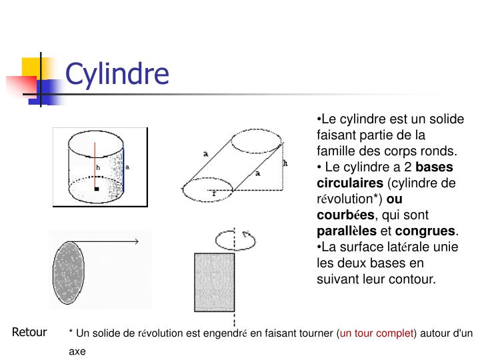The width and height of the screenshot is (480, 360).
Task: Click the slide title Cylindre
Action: [x=117, y=73]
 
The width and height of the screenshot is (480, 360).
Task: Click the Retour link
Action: [x=29, y=332]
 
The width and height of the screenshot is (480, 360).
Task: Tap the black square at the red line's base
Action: [x=97, y=189]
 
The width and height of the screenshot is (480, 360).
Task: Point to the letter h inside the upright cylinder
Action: [x=97, y=167]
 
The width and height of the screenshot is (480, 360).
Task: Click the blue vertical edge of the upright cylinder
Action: [x=123, y=170]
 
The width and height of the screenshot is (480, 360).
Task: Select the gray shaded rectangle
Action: [x=214, y=282]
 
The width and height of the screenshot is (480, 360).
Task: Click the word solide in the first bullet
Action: [x=447, y=119]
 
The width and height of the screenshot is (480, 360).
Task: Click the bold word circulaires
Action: [x=350, y=183]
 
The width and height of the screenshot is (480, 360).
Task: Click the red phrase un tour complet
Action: [x=377, y=333]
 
